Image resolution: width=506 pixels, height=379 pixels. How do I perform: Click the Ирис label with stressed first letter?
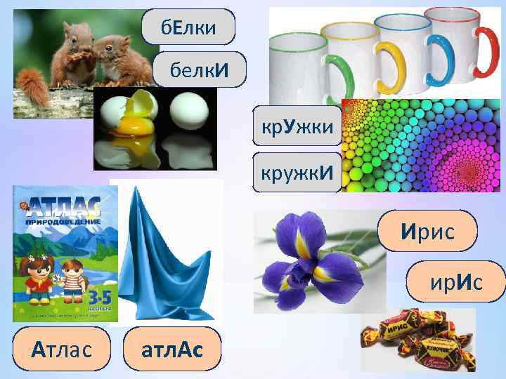point(429,230)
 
